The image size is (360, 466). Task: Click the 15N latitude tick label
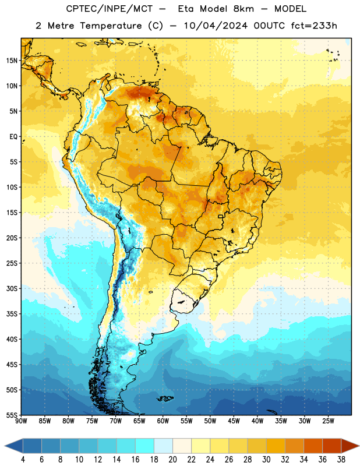(x=12, y=61)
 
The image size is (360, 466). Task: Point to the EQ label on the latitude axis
(x=13, y=137)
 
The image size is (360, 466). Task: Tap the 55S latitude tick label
(x=12, y=415)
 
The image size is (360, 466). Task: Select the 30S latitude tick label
(x=12, y=288)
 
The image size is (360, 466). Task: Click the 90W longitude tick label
(x=21, y=421)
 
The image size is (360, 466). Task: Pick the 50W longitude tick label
(x=210, y=421)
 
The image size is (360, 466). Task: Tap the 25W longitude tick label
(x=328, y=421)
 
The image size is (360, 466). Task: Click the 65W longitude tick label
(x=139, y=421)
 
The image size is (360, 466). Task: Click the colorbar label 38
(x=341, y=460)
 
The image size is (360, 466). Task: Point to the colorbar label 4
(x=23, y=460)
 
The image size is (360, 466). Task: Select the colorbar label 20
(x=172, y=460)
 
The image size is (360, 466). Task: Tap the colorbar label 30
(x=266, y=460)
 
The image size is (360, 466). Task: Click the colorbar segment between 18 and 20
(x=163, y=446)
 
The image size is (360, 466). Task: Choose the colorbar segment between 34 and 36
(x=313, y=446)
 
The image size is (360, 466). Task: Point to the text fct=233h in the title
(x=314, y=26)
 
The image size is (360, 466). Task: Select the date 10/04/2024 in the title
(x=216, y=26)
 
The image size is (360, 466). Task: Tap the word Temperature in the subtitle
(x=111, y=26)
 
